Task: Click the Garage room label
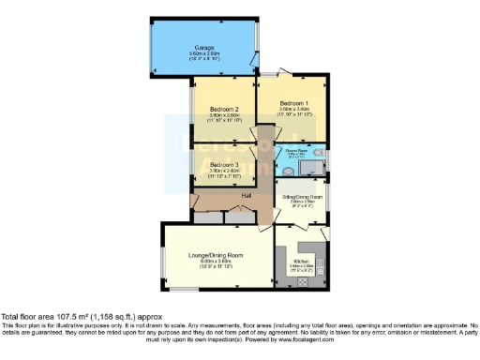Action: (204, 47)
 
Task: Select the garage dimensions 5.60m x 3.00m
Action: (204, 53)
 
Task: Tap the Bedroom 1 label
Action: (292, 102)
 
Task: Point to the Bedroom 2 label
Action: (223, 109)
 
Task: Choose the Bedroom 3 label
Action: (223, 163)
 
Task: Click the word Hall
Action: (247, 195)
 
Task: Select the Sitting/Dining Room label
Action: (301, 198)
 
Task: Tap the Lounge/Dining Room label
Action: (222, 254)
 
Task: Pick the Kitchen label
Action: (302, 261)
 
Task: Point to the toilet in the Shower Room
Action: (320, 155)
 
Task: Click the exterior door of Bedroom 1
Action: (271, 74)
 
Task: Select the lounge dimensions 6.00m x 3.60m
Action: (222, 261)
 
